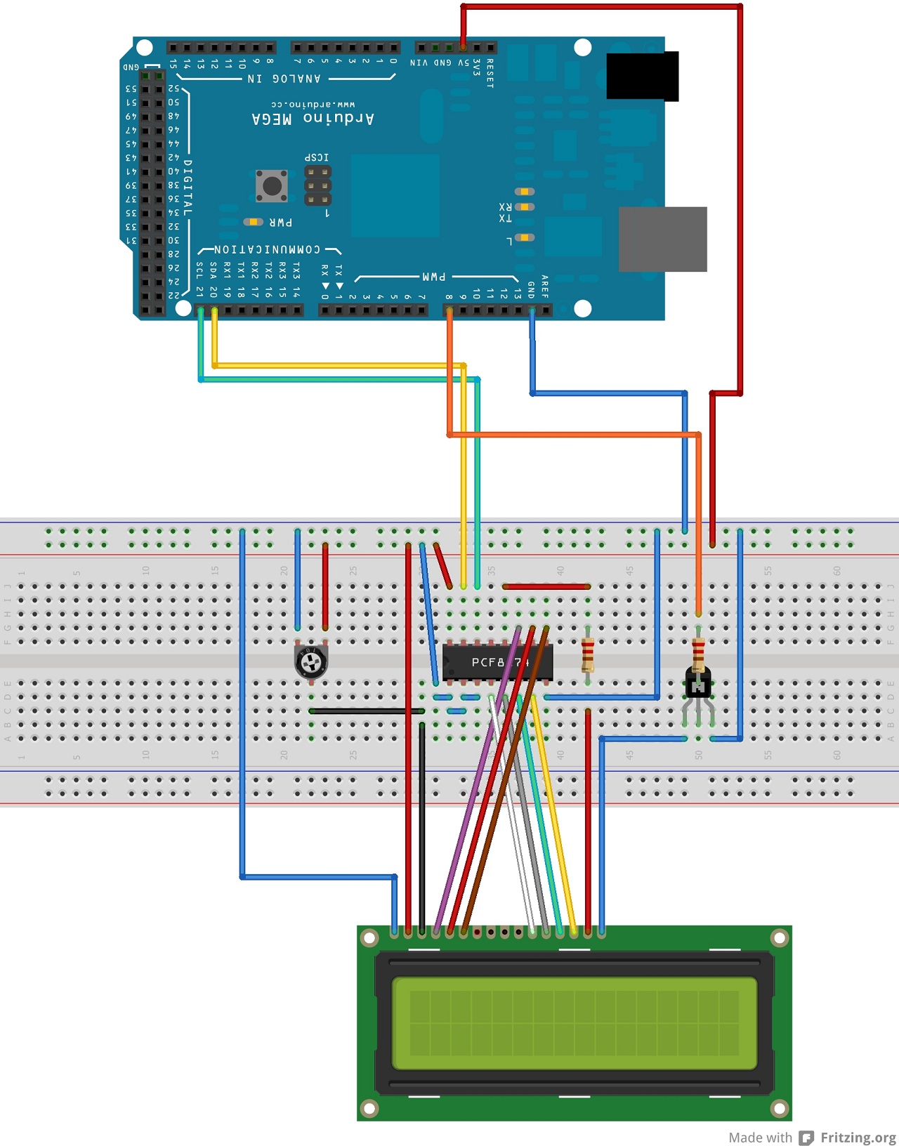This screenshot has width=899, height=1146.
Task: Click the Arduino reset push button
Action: coord(271,186)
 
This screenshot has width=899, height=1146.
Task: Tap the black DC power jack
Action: coord(642,76)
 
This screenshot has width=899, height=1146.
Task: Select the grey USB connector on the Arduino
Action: coord(662,239)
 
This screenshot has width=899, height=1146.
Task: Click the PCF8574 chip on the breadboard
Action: coord(497,662)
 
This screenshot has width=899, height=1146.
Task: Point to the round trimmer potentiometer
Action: coord(310,661)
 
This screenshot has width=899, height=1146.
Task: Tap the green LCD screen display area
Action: coord(574,1023)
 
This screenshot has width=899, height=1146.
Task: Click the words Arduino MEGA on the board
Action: coord(313,118)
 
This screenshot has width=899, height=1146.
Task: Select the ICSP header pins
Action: coord(317,185)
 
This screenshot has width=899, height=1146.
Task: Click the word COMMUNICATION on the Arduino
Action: coord(267,249)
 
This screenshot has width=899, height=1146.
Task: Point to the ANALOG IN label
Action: coord(284,79)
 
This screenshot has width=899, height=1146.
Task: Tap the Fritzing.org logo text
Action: coord(858,1137)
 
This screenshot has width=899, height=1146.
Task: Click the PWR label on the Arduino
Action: coord(281,223)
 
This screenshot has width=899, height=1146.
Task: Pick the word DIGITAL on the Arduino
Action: coord(188,187)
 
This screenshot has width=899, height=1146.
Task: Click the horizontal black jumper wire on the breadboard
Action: coord(365,711)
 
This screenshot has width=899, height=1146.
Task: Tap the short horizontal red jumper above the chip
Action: coord(546,586)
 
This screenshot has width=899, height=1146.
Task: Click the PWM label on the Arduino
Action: coord(434,277)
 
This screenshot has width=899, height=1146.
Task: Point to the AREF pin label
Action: coord(545,287)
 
